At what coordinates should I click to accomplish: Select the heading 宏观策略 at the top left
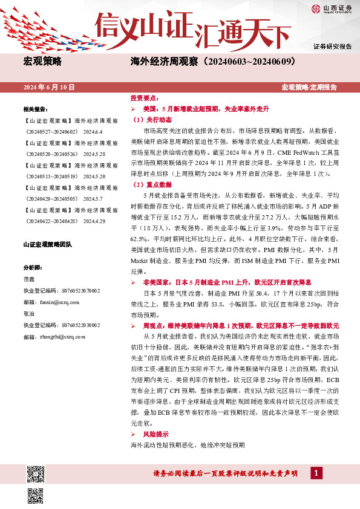[x=42, y=61]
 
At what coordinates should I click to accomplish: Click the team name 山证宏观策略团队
[x=47, y=244]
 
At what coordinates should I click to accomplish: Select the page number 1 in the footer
[x=316, y=473]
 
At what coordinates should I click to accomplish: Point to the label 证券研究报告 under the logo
[x=332, y=47]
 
